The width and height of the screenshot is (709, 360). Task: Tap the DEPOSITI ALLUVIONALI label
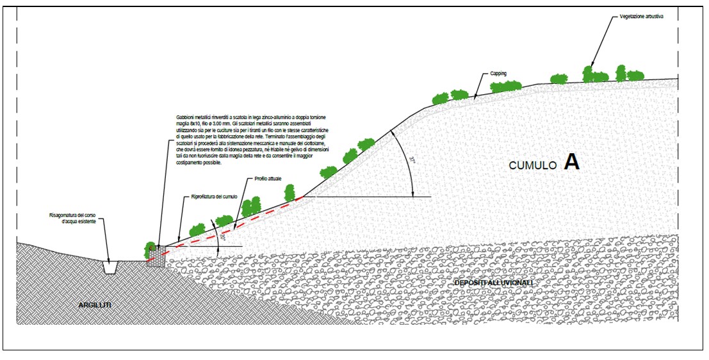click(493, 282)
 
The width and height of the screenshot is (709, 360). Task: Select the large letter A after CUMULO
click(571, 163)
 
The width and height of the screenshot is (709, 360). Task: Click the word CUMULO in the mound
click(532, 165)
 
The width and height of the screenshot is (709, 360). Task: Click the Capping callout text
click(498, 74)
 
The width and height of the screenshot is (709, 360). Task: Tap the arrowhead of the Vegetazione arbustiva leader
click(592, 66)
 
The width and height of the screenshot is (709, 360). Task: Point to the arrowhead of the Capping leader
click(474, 97)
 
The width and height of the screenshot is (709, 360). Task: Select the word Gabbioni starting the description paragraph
click(186, 118)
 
